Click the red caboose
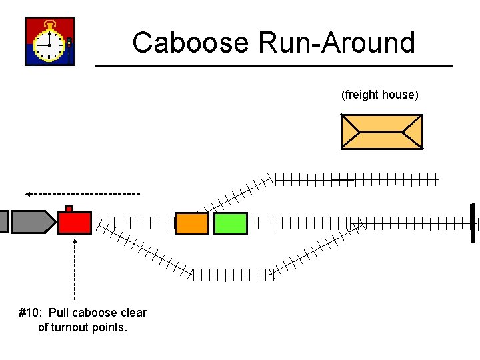click(x=75, y=223)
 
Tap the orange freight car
click(x=192, y=223)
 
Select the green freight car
click(x=231, y=223)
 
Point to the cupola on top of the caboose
click(x=69, y=209)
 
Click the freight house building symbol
click(x=381, y=131)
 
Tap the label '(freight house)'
click(x=380, y=95)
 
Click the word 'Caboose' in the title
click(x=190, y=43)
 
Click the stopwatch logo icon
click(x=50, y=41)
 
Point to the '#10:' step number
click(x=31, y=313)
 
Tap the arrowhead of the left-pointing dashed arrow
click(x=29, y=194)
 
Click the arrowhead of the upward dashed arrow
click(x=75, y=241)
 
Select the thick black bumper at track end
click(x=473, y=223)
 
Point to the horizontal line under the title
click(x=273, y=65)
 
